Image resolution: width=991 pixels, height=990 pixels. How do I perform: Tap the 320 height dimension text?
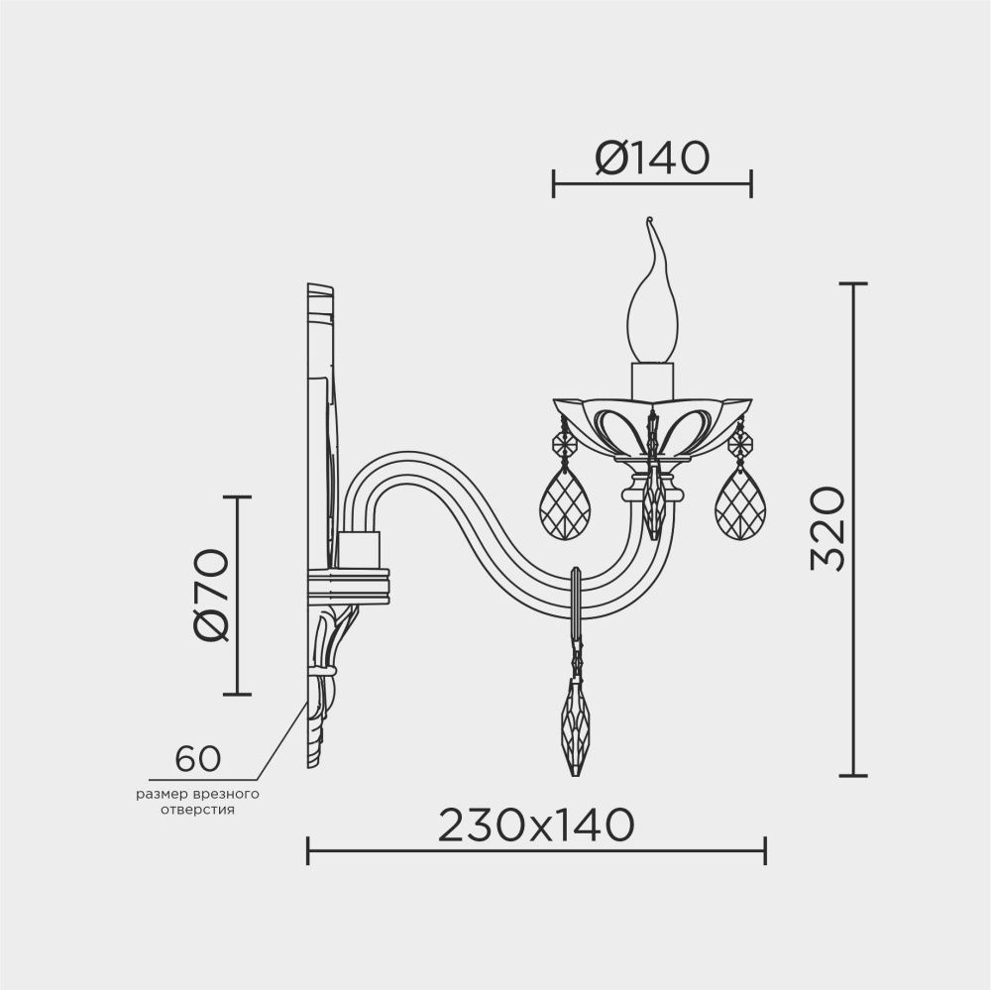click(x=826, y=529)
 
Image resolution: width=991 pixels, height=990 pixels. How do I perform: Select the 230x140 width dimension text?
click(x=535, y=824)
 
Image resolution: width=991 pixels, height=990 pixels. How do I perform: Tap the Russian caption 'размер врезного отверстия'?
click(x=197, y=802)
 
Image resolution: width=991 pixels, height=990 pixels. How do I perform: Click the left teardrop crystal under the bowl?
click(x=564, y=503)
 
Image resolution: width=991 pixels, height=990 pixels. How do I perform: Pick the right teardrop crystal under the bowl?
click(x=739, y=503)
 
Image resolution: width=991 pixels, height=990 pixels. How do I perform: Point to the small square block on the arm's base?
click(x=359, y=548)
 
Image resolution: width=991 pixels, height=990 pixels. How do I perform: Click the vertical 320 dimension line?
click(x=853, y=529)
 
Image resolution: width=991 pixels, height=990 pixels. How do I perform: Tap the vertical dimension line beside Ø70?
click(x=237, y=595)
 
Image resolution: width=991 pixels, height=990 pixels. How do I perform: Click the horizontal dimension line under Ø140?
click(x=652, y=183)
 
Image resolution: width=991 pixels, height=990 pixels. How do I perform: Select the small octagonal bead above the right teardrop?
click(x=739, y=444)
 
